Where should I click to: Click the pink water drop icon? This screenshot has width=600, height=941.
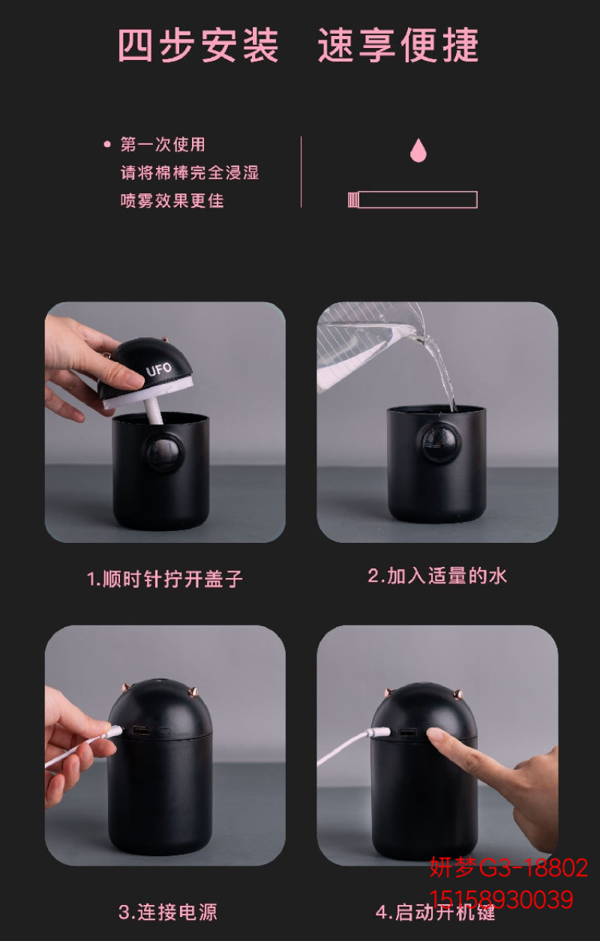pyautogui.click(x=418, y=151)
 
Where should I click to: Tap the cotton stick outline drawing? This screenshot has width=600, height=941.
pyautogui.click(x=412, y=199)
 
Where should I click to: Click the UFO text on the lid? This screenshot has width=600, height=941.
pyautogui.click(x=159, y=369)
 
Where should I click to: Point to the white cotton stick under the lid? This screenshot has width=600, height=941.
pyautogui.click(x=153, y=412)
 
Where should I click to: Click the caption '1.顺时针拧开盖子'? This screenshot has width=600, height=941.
pyautogui.click(x=165, y=578)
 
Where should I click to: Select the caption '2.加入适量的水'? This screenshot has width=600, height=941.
pyautogui.click(x=437, y=575)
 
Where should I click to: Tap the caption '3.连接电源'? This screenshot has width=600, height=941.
pyautogui.click(x=168, y=912)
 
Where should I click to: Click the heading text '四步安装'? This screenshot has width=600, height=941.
pyautogui.click(x=198, y=46)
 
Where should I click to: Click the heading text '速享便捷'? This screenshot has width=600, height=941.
pyautogui.click(x=398, y=46)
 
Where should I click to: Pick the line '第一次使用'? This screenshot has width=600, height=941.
pyautogui.click(x=163, y=145)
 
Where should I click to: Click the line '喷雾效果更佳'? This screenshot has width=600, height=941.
pyautogui.click(x=172, y=200)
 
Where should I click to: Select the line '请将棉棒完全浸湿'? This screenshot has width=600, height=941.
pyautogui.click(x=190, y=172)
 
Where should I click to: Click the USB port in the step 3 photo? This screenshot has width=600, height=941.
pyautogui.click(x=139, y=730)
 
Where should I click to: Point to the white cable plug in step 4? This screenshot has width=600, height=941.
pyautogui.click(x=380, y=733)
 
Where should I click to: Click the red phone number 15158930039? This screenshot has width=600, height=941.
pyautogui.click(x=501, y=900)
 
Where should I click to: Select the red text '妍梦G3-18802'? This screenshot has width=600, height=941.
pyautogui.click(x=508, y=867)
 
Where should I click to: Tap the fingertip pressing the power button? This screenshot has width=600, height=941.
pyautogui.click(x=436, y=734)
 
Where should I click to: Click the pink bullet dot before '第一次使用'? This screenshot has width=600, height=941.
pyautogui.click(x=107, y=145)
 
